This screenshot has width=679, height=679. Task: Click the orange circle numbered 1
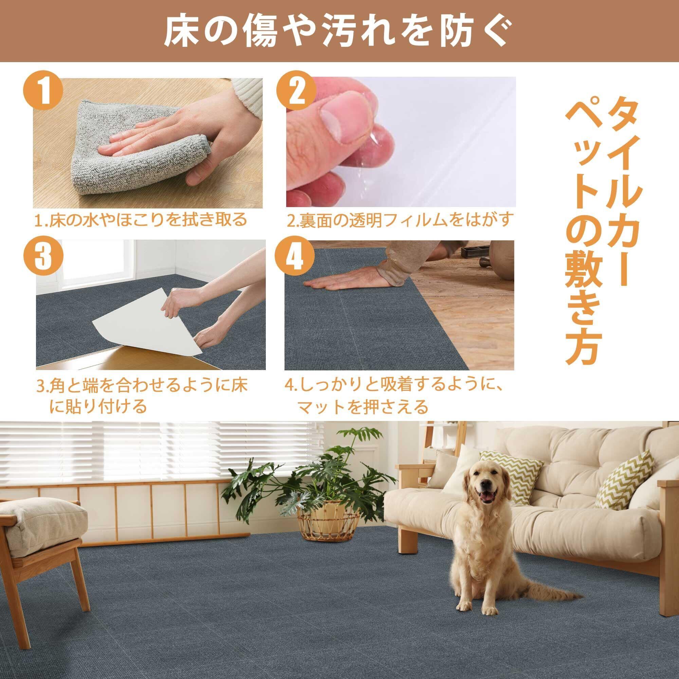coord(43,92)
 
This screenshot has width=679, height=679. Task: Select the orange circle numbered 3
coord(43,256)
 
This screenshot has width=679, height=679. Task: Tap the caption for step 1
coord(141,220)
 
